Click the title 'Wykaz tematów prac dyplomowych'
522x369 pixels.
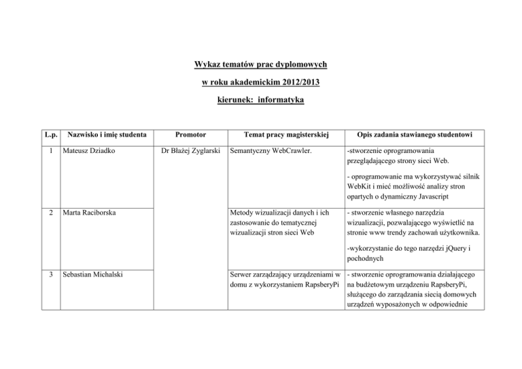[260, 65]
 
